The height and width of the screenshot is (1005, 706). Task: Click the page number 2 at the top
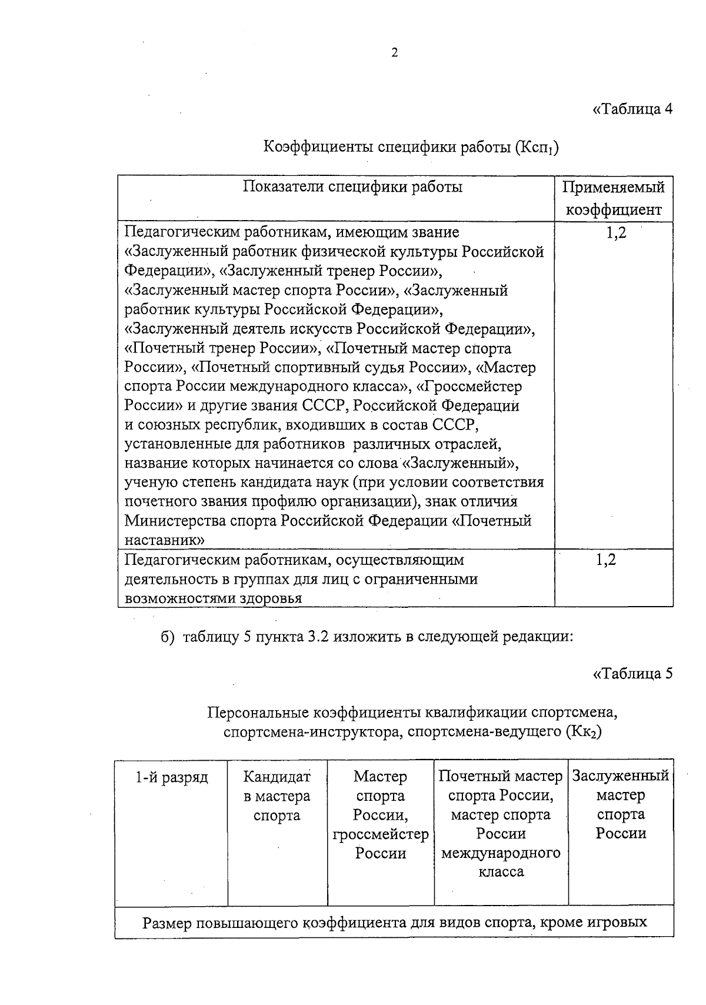pyautogui.click(x=394, y=52)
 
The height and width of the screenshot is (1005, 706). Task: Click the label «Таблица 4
pyautogui.click(x=632, y=109)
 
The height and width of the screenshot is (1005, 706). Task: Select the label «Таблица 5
pyautogui.click(x=632, y=674)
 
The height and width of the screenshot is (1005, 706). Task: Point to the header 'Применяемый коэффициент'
pyautogui.click(x=614, y=198)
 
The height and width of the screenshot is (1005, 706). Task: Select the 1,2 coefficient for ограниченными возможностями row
pyautogui.click(x=605, y=560)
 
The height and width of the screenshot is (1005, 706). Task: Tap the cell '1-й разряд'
pyautogui.click(x=172, y=777)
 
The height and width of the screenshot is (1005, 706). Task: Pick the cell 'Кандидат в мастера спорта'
pyautogui.click(x=277, y=796)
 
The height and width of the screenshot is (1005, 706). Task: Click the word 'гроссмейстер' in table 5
pyautogui.click(x=381, y=834)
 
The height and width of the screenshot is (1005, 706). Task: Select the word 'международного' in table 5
pyautogui.click(x=501, y=853)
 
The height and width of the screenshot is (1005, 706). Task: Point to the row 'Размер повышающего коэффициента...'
pyautogui.click(x=394, y=922)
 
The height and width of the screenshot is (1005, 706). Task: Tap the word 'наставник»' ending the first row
pyautogui.click(x=165, y=540)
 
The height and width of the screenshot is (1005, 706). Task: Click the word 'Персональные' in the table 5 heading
pyautogui.click(x=257, y=713)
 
